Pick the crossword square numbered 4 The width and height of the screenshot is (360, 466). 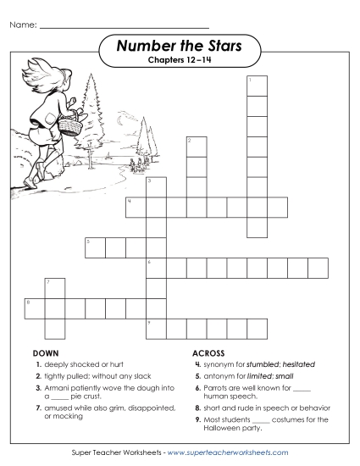[x=135, y=207]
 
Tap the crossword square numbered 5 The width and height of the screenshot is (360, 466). [x=94, y=247]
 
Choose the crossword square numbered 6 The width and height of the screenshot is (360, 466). [x=155, y=268]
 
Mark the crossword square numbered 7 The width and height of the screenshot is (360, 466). [x=53, y=286]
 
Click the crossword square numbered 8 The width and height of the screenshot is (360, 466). [x=34, y=307]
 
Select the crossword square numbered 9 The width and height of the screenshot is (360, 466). [x=155, y=328]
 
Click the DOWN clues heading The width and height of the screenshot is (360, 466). [x=45, y=352]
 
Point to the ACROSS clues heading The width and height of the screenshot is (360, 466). [x=208, y=352]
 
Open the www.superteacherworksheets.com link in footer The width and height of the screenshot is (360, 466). [x=229, y=453]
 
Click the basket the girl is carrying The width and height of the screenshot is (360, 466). [x=74, y=126]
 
